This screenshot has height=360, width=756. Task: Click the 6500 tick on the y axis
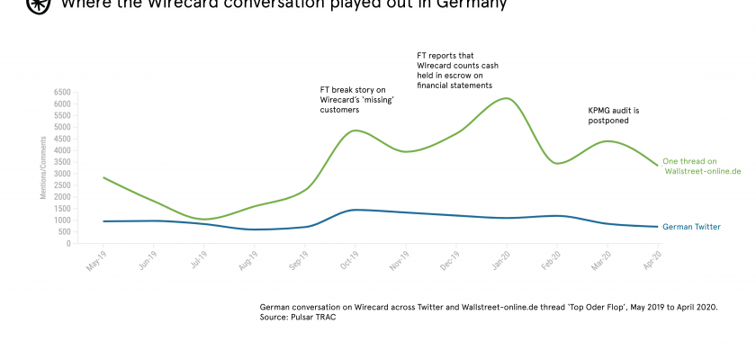tap(63, 92)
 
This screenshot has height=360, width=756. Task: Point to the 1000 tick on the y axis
tap(63, 220)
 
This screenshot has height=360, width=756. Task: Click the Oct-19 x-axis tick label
tap(348, 261)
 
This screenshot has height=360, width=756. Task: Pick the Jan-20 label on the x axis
tap(500, 261)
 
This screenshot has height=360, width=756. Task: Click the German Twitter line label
tap(691, 227)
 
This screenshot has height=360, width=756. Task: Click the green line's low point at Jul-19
tap(205, 219)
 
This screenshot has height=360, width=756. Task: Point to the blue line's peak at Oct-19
tap(357, 210)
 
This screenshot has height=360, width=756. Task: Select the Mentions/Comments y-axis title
tap(42, 167)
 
